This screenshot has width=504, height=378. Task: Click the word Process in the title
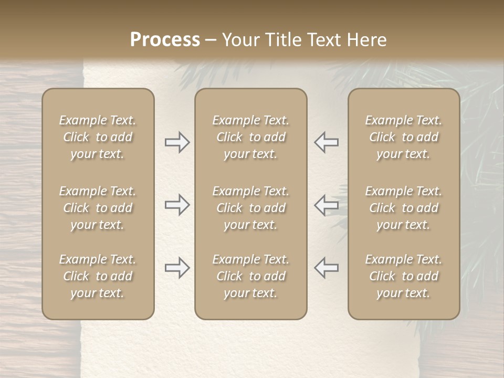[x=165, y=40]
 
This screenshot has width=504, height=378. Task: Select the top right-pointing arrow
[x=177, y=142]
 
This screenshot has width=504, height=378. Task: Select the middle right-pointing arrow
[x=177, y=205]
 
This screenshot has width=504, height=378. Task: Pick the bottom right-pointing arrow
[x=177, y=268]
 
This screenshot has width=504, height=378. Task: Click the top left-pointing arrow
[x=327, y=142]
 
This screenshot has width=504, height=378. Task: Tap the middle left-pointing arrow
[x=327, y=205]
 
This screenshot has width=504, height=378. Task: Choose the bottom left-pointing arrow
[x=327, y=268]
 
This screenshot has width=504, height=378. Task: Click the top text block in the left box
[x=98, y=137]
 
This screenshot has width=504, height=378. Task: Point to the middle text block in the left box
[x=98, y=208]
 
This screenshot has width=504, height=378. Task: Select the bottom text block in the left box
[x=98, y=276]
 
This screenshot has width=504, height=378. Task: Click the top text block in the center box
[x=250, y=137]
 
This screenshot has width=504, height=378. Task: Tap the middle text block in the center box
[x=250, y=208]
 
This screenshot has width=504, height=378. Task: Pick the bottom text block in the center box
[x=250, y=276]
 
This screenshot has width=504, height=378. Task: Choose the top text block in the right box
[x=404, y=137]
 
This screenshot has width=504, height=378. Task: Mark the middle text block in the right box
[x=404, y=208]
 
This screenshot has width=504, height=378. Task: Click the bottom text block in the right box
[x=404, y=276]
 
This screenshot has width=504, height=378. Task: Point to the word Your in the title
[x=240, y=40]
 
